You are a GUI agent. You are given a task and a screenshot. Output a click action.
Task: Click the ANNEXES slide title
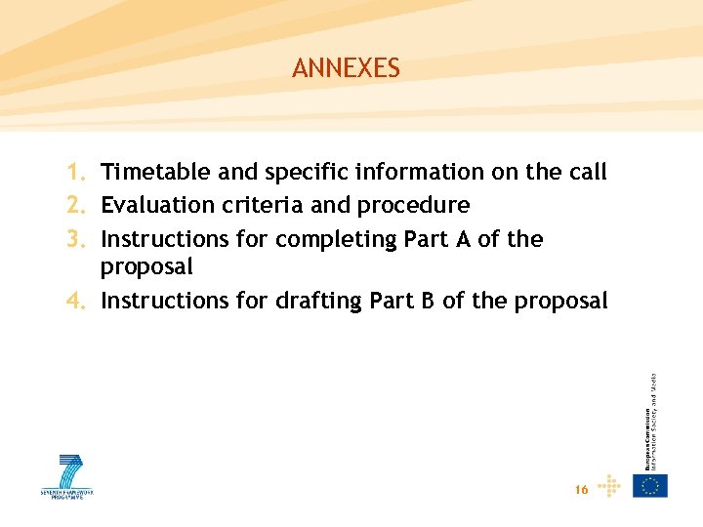click(x=346, y=68)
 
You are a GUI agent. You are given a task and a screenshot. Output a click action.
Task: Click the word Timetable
click(x=155, y=173)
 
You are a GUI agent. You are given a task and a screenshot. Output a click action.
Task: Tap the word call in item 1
click(x=587, y=173)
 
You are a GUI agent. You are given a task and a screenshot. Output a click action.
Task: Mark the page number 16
click(x=582, y=490)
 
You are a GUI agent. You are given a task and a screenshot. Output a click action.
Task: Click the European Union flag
click(x=650, y=485)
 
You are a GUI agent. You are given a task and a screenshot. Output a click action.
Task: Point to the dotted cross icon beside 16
click(x=609, y=485)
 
